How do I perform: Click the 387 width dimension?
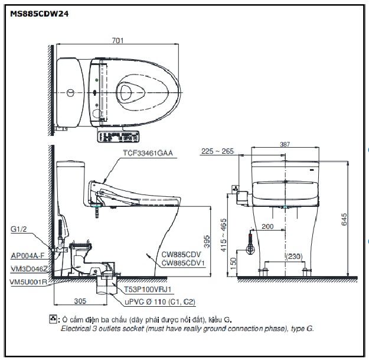coord(286,144)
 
